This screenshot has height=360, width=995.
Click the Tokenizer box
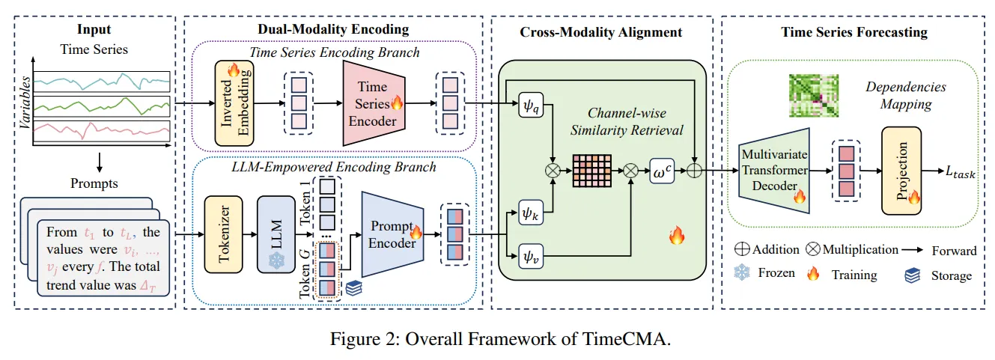coord(223,234)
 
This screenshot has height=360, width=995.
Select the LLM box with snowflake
coord(276,234)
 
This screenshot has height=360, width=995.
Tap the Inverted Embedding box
coord(234,103)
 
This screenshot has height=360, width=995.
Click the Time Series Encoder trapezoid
coord(374,103)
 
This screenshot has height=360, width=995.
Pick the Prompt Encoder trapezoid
coord(392,234)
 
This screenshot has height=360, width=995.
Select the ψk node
coord(531,213)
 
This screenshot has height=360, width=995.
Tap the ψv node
coord(531,256)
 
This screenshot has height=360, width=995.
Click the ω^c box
coord(662,171)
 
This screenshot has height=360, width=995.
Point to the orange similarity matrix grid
coord(591,171)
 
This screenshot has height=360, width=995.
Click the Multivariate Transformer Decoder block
coord(774,171)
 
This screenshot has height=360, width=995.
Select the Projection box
coord(901,171)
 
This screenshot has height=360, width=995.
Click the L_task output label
coord(961,172)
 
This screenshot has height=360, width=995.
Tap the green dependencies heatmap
coord(813,96)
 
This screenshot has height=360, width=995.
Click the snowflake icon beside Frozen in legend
coord(741,272)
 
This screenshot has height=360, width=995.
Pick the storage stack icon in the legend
coord(913,275)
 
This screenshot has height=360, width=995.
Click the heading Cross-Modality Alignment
coord(600,32)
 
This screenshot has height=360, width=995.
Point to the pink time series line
coord(102,129)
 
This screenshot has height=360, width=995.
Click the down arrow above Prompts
coord(99,162)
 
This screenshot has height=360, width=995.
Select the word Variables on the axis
coord(25,103)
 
